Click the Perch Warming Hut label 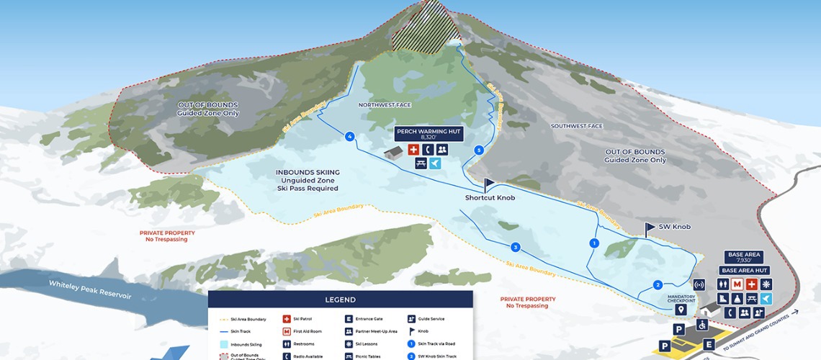pyautogui.click(x=429, y=133)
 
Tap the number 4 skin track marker pyautogui.click(x=350, y=136)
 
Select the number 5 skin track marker pyautogui.click(x=479, y=150)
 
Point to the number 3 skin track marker pyautogui.click(x=516, y=247)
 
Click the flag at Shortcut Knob pyautogui.click(x=489, y=184)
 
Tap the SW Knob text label pyautogui.click(x=674, y=227)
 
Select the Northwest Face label pyautogui.click(x=385, y=105)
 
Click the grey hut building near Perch pyautogui.click(x=393, y=153)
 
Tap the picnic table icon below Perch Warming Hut pyautogui.click(x=421, y=163)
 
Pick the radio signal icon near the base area pyautogui.click(x=698, y=284)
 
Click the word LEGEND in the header pyautogui.click(x=341, y=300)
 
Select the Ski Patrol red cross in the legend pyautogui.click(x=287, y=318)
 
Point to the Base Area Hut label pyautogui.click(x=744, y=270)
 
